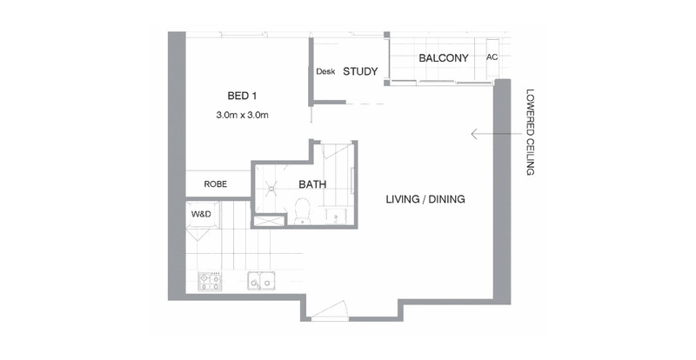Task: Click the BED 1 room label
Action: (243, 96)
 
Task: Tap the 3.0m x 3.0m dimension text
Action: (243, 115)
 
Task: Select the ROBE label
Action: (216, 183)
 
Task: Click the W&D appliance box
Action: (202, 215)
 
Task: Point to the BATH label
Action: (312, 184)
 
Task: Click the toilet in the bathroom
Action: (303, 211)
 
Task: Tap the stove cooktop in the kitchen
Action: (210, 281)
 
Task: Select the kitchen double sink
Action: (260, 281)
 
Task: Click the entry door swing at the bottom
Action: (330, 310)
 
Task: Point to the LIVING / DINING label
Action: (425, 199)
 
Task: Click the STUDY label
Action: (360, 71)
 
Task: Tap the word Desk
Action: (325, 71)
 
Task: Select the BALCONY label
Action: (444, 58)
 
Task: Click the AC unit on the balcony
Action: (492, 57)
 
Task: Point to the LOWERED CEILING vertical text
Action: (530, 132)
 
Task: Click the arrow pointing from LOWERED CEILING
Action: (498, 134)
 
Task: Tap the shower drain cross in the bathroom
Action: (270, 188)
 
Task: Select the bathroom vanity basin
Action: (336, 217)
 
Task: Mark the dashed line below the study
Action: (365, 103)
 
